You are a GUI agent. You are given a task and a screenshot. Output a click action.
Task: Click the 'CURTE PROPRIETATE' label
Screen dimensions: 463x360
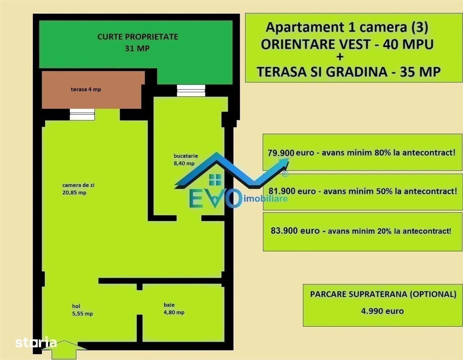(138, 37)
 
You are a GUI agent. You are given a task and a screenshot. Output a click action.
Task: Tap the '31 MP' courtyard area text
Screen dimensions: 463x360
(137, 48)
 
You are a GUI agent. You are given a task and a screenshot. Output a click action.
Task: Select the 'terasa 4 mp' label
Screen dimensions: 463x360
(86, 89)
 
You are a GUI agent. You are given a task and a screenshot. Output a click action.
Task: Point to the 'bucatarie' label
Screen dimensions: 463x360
(186, 156)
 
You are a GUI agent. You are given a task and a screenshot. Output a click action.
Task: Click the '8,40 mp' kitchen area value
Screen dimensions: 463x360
(184, 164)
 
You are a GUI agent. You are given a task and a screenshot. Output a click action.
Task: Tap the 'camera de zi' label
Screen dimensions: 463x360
(78, 185)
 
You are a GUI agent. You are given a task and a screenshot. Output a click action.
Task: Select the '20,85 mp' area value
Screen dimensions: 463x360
(75, 192)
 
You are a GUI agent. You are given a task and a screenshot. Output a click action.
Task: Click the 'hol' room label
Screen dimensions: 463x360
(76, 306)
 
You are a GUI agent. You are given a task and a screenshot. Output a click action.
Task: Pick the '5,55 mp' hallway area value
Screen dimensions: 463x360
(82, 314)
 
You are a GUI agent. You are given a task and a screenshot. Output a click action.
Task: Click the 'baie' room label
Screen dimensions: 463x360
(169, 305)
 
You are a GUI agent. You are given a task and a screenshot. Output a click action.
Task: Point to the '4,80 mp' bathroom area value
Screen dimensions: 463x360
(174, 312)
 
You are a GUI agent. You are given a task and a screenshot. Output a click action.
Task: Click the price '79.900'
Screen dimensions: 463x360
(281, 153)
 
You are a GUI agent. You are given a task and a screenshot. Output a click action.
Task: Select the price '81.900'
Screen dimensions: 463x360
(282, 191)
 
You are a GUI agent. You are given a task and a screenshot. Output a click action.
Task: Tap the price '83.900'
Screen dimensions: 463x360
(284, 230)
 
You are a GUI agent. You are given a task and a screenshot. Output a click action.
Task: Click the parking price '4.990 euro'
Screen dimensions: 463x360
(382, 311)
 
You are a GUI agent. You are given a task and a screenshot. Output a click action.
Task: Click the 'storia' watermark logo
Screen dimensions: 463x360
(36, 342)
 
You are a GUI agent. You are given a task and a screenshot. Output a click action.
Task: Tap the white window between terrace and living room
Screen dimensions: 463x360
(82, 115)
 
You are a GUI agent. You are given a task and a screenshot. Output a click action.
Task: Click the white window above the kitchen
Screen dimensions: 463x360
(191, 90)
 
